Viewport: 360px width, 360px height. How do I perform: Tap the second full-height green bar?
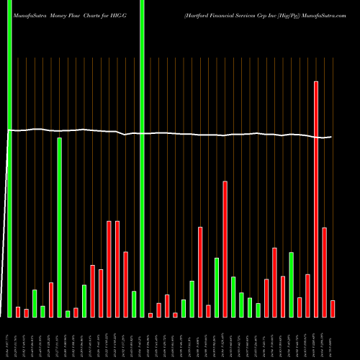142,158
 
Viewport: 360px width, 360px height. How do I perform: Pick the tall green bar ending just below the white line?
60,228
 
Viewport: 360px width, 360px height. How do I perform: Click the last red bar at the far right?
333,309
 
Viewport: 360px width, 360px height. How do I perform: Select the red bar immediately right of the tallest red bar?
325,272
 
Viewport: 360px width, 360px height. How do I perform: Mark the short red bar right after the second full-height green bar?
150,315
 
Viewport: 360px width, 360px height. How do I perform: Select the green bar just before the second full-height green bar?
134,304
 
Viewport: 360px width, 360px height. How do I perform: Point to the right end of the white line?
331,137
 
